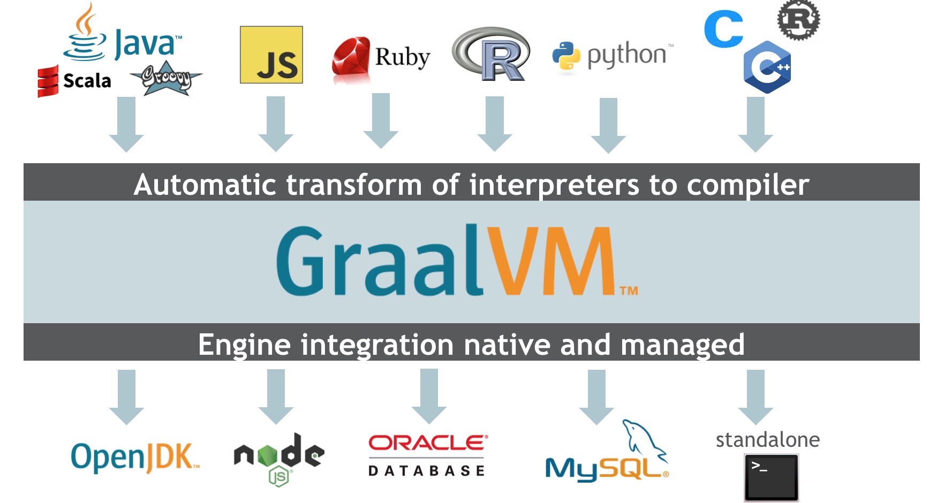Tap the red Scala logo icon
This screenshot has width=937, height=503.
[48, 81]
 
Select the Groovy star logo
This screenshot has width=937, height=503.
[166, 79]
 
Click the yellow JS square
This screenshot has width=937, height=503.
[271, 55]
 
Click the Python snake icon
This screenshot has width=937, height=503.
[566, 56]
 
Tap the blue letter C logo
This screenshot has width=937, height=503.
[723, 29]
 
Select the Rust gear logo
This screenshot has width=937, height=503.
[798, 20]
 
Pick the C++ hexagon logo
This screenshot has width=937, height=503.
[767, 67]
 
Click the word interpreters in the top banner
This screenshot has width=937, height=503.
[554, 185]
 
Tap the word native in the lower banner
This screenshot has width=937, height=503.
[507, 345]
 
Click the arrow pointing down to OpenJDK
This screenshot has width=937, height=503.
[126, 397]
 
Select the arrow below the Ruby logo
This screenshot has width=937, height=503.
[381, 120]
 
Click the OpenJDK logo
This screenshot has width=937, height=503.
[134, 458]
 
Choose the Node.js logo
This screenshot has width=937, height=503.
[279, 458]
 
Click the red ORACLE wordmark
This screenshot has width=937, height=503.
[427, 443]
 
